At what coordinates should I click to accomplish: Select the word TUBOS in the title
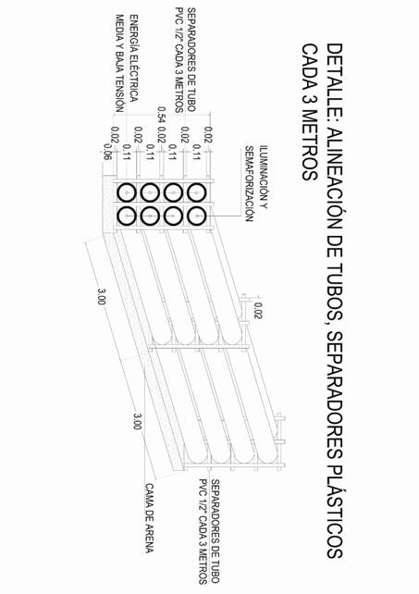coord(335,291)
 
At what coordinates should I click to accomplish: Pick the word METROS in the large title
coord(310,145)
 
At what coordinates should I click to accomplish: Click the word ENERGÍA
coord(133,35)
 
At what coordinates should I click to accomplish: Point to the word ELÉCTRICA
coord(133,80)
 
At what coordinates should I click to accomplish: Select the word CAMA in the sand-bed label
coord(149,496)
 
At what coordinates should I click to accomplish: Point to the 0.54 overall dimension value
coord(162,115)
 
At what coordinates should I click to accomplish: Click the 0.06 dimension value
coord(107,152)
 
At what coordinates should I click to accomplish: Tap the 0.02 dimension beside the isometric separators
coord(258,310)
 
